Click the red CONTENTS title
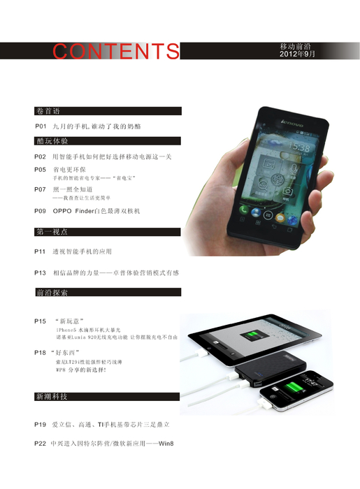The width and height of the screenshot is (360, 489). [116, 52]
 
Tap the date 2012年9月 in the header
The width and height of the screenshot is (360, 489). [297, 54]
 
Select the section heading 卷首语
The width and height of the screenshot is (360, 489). [48, 111]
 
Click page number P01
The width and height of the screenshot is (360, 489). [41, 126]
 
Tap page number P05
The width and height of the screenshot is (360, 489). [41, 170]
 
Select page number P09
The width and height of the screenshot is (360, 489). [41, 210]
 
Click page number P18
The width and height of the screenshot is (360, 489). [41, 353]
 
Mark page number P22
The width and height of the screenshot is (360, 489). [41, 444]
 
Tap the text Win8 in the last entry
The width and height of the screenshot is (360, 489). [166, 444]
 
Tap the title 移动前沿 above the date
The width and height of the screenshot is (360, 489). [296, 45]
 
